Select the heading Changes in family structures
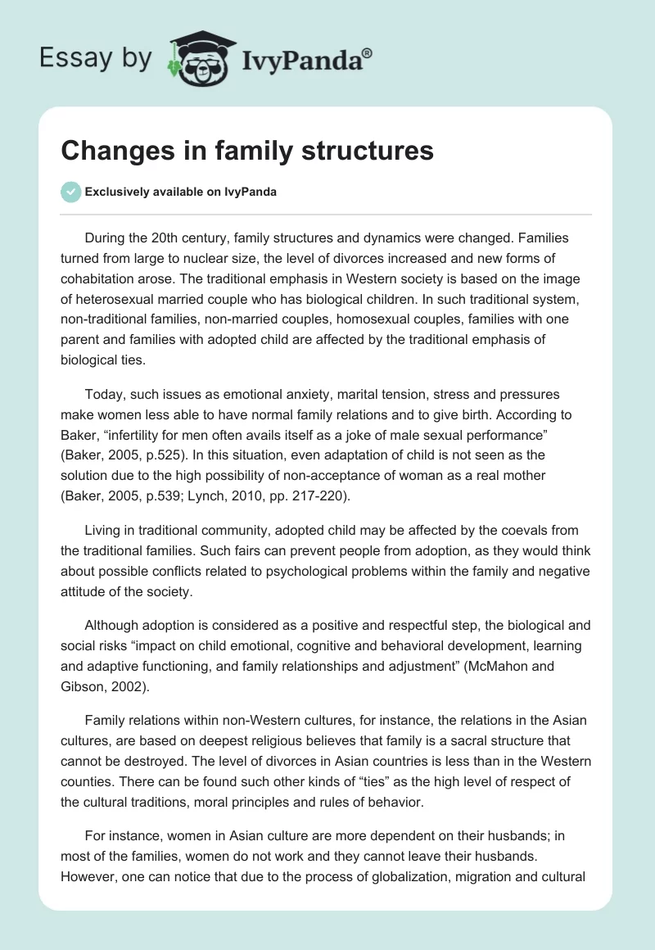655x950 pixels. pyautogui.click(x=247, y=152)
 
